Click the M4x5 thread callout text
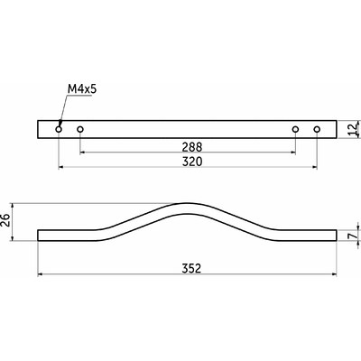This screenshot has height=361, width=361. tap(82, 89)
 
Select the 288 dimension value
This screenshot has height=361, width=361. tap(192, 147)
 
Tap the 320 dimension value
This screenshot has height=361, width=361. tap(192, 162)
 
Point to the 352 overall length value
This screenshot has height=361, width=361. tap(191, 268)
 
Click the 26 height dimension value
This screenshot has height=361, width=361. tap(6, 221)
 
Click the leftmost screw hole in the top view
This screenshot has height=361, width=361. tap(59, 129)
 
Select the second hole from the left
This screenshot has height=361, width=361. tap(80, 129)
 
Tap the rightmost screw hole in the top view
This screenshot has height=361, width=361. tap(317, 129)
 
